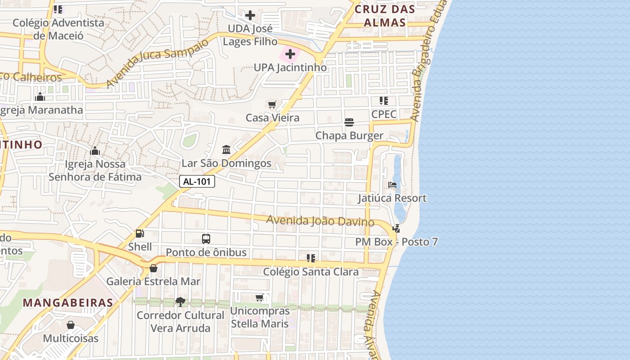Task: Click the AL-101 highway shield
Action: tap(197, 182)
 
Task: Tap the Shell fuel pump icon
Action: tap(140, 234)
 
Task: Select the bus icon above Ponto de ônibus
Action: tap(206, 239)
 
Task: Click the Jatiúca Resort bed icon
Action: tap(392, 185)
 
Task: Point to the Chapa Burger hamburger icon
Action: tap(349, 122)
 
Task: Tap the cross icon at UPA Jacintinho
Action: tap(290, 54)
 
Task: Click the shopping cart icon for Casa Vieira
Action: tap(272, 105)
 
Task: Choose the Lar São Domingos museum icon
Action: tap(226, 149)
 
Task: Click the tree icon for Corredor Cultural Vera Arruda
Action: tap(180, 302)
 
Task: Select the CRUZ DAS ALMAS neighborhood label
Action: tap(384, 16)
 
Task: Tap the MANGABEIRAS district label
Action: tap(68, 302)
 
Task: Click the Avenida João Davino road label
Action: tap(320, 221)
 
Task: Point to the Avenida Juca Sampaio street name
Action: tap(157, 63)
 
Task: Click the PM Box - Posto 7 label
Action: tap(396, 242)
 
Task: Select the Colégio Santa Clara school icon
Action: tap(310, 258)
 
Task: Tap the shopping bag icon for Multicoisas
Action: tap(71, 325)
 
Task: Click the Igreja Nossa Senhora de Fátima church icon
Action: tap(95, 151)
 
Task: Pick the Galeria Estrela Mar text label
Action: tap(153, 282)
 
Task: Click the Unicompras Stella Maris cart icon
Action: tap(260, 298)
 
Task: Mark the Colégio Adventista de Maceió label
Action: tap(58, 29)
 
